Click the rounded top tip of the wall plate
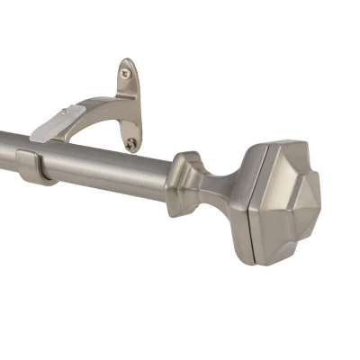click(126, 62)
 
